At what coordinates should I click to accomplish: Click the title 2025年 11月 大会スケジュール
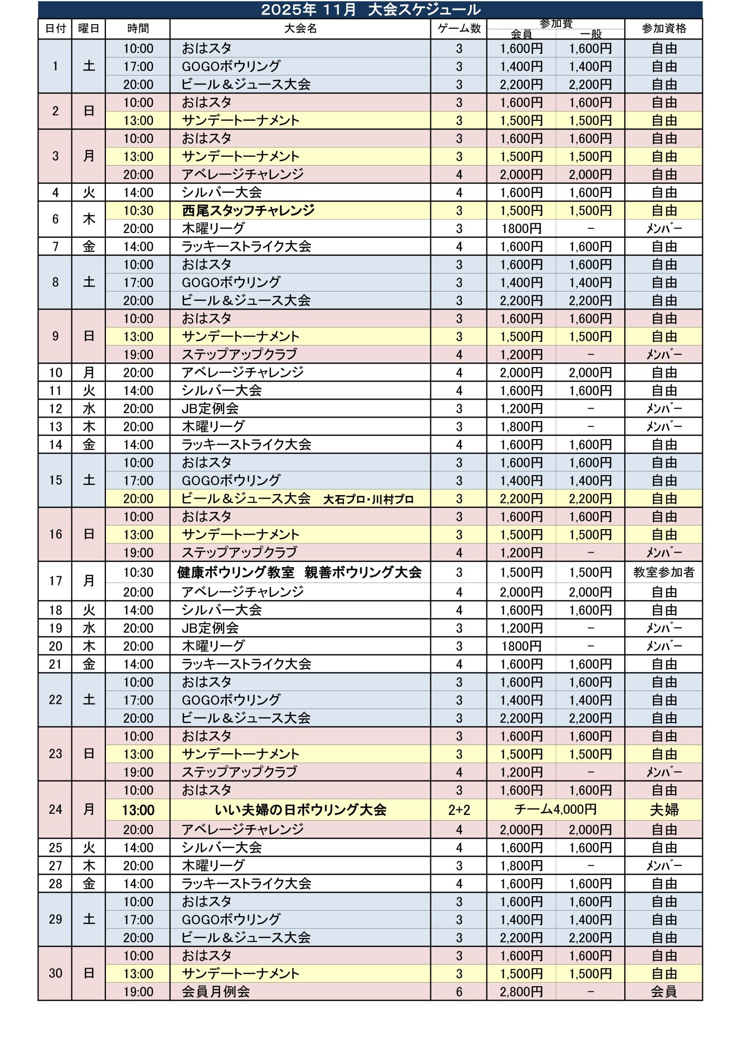pos(371,10)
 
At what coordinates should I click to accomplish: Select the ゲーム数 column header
pos(459,29)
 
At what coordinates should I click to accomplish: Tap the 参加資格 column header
pos(663,29)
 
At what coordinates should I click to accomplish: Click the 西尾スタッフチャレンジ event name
pos(248,210)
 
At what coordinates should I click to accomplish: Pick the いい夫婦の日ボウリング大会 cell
pos(300,810)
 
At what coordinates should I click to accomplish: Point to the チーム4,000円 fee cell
pos(555,810)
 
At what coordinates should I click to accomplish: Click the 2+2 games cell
pos(459,810)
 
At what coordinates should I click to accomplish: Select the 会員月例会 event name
pos(216,992)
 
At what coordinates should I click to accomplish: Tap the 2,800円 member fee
pos(521,992)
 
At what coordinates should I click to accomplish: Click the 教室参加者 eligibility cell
pos(663,572)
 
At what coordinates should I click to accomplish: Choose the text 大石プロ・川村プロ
pos(368,499)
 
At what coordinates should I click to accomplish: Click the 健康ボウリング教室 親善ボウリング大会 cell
pos(299,572)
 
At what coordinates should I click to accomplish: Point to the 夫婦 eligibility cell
pos(664,810)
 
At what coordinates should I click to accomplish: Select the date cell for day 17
pos(55,581)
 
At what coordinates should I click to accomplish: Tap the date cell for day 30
pos(55,973)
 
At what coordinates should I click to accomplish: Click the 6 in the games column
pos(459,992)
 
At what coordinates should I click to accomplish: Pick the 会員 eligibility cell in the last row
pos(663,992)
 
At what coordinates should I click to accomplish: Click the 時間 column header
pos(138,29)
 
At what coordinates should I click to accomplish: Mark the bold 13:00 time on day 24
pos(138,810)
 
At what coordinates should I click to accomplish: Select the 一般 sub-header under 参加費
pos(590,34)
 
